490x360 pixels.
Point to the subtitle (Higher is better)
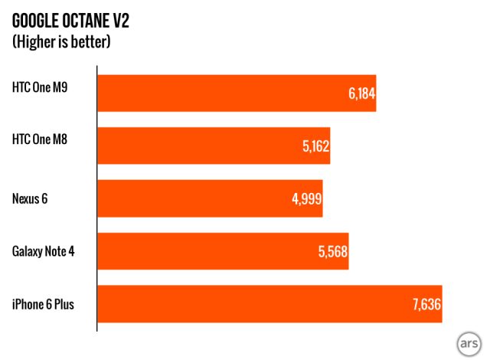click(x=61, y=41)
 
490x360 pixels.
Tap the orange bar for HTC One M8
click(x=214, y=146)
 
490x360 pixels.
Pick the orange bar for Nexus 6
click(x=210, y=198)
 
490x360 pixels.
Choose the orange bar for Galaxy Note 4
click(x=223, y=251)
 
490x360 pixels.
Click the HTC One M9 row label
click(x=44, y=87)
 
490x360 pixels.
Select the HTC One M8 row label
click(x=44, y=139)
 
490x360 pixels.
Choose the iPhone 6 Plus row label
click(x=44, y=304)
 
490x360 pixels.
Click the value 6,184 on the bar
click(x=360, y=94)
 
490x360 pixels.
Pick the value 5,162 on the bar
click(x=314, y=146)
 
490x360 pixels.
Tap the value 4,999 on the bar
click(x=306, y=198)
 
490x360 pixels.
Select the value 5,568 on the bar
click(x=332, y=251)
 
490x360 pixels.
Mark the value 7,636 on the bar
click(x=426, y=304)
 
